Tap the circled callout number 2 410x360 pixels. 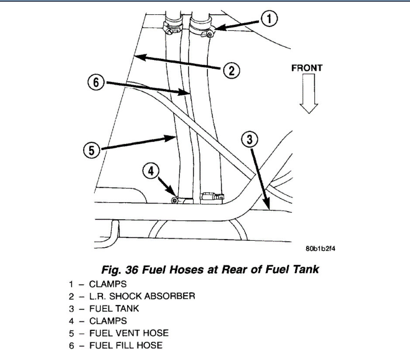[x=232, y=70]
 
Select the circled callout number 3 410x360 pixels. [x=249, y=140]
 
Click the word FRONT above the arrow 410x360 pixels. [x=307, y=68]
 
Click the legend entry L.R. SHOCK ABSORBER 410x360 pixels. [x=142, y=296]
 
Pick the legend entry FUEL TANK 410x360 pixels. [x=114, y=308]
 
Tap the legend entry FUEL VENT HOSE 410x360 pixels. [x=129, y=333]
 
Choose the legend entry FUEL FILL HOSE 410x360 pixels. [x=126, y=345]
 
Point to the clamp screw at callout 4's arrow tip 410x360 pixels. [x=175, y=200]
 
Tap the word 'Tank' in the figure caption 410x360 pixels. [x=305, y=270]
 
